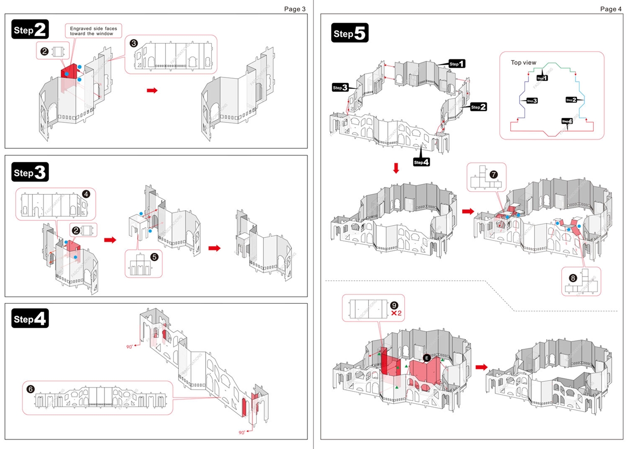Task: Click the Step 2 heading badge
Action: tap(30, 30)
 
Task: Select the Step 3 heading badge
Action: tap(30, 173)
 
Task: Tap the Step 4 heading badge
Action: tap(30, 319)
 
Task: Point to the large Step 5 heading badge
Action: tap(350, 33)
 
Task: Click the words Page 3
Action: tap(295, 9)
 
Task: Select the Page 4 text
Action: tap(611, 9)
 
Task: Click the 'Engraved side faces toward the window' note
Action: tap(92, 31)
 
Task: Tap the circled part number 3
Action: tap(133, 43)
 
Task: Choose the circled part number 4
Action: tap(86, 194)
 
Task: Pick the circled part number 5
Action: tap(154, 256)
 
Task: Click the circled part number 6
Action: tap(31, 389)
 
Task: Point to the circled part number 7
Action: tap(493, 174)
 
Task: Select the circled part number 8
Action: tap(573, 278)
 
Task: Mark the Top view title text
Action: tap(523, 62)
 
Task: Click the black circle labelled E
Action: tap(427, 358)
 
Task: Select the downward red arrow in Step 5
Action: tap(396, 168)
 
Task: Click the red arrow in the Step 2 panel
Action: tap(153, 90)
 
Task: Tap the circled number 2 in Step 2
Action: tap(44, 51)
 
